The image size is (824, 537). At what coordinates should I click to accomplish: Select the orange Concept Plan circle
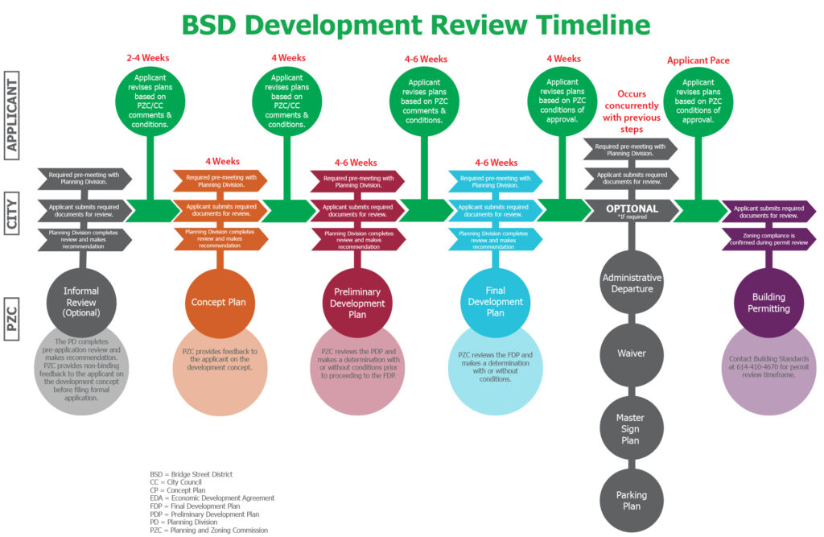pyautogui.click(x=219, y=303)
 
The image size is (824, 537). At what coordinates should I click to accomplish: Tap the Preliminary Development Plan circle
pyautogui.click(x=357, y=303)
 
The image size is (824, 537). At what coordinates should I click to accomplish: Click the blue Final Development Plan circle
pyautogui.click(x=495, y=303)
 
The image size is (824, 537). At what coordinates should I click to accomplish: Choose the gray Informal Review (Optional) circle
pyautogui.click(x=81, y=303)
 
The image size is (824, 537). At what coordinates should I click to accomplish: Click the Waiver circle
pyautogui.click(x=632, y=353)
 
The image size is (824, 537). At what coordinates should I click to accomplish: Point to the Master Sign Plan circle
pyautogui.click(x=632, y=429)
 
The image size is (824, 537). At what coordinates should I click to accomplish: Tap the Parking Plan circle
pyautogui.click(x=632, y=500)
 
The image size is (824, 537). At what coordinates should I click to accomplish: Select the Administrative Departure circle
pyautogui.click(x=632, y=283)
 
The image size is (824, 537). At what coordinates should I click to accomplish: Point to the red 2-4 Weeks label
pyautogui.click(x=148, y=58)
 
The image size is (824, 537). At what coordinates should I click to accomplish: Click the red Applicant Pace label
pyautogui.click(x=698, y=60)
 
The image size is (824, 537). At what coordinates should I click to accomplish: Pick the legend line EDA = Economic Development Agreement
pyautogui.click(x=212, y=498)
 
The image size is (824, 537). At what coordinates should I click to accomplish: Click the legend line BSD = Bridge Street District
pyautogui.click(x=191, y=474)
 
